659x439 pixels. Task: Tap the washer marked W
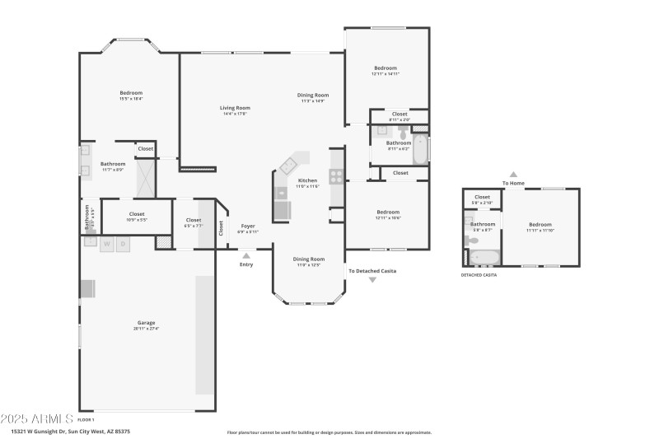click(x=107, y=244)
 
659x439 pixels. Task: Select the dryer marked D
click(x=124, y=244)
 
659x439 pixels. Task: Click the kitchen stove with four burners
click(x=337, y=175)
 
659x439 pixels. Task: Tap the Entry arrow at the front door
click(x=246, y=256)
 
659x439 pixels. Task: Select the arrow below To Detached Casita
click(x=372, y=280)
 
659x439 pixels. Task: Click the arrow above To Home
click(x=513, y=175)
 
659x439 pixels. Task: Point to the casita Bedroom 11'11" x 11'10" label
click(x=540, y=227)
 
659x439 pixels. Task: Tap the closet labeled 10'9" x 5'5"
click(x=137, y=217)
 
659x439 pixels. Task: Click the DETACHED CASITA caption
click(x=479, y=274)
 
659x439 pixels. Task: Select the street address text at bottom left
click(x=70, y=431)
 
